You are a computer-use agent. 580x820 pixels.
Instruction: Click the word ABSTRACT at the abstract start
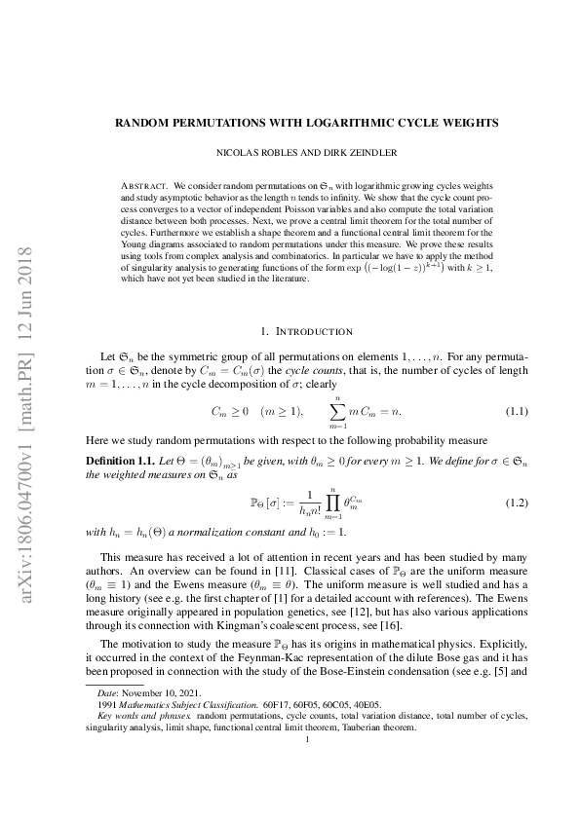(x=141, y=184)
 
